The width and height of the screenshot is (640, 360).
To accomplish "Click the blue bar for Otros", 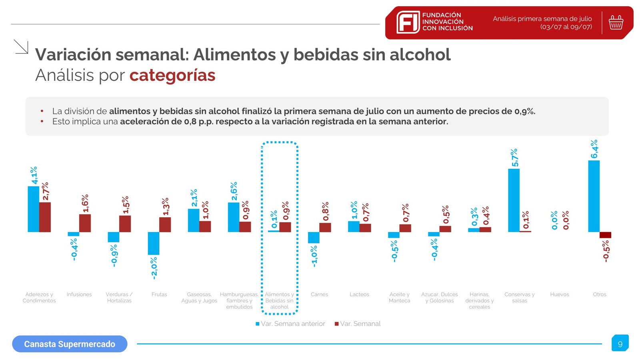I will [x=594, y=196].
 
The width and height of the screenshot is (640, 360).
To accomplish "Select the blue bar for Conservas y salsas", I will [x=514, y=200].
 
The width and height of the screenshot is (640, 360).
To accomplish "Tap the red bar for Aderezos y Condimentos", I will [x=45, y=217].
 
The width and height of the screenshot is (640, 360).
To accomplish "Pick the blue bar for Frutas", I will [x=154, y=243].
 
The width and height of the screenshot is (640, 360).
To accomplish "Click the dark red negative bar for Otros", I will [x=605, y=235].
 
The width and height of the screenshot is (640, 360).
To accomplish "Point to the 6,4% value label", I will [x=594, y=149].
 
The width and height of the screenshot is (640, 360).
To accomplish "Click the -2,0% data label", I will [x=154, y=268].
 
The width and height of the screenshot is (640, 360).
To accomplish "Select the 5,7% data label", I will [x=514, y=158].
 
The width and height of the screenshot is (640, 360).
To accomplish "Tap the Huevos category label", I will [x=559, y=294].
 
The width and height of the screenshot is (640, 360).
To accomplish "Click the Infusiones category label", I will [x=79, y=294].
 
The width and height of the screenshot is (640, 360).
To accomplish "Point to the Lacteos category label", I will [x=359, y=294].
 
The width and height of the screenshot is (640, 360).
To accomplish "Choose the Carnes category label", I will [x=319, y=294].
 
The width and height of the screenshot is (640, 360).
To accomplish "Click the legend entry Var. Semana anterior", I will [x=290, y=324].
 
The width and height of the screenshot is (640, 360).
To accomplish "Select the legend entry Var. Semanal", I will [x=358, y=324].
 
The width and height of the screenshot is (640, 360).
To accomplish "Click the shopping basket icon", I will [x=616, y=22].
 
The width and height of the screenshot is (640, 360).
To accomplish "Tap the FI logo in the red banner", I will [x=408, y=22].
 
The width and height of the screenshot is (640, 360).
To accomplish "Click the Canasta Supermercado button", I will [x=70, y=344].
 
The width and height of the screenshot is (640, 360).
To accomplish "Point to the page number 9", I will [x=620, y=344].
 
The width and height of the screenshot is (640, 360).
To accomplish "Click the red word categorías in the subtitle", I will [x=172, y=75].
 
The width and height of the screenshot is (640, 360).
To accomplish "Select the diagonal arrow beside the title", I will [x=21, y=46].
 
